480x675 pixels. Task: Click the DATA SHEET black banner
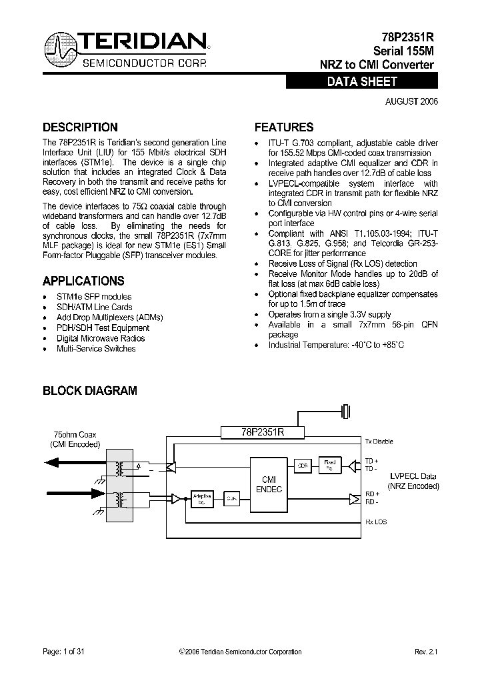point(362,82)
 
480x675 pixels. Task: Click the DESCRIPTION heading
point(80,127)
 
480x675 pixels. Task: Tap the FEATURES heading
point(284,127)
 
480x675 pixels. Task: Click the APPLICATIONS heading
point(83,281)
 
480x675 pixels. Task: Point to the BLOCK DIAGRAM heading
point(90,391)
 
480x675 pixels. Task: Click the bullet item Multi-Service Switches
point(96,349)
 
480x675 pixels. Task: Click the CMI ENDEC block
point(269,484)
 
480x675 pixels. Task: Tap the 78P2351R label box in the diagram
point(262,432)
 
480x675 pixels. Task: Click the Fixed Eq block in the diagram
point(330,464)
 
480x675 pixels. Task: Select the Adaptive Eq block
point(202,498)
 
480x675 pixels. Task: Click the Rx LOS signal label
point(375,522)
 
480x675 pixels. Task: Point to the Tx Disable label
point(379,442)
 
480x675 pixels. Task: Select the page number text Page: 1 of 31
point(63,652)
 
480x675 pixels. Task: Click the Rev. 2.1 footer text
point(427,652)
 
